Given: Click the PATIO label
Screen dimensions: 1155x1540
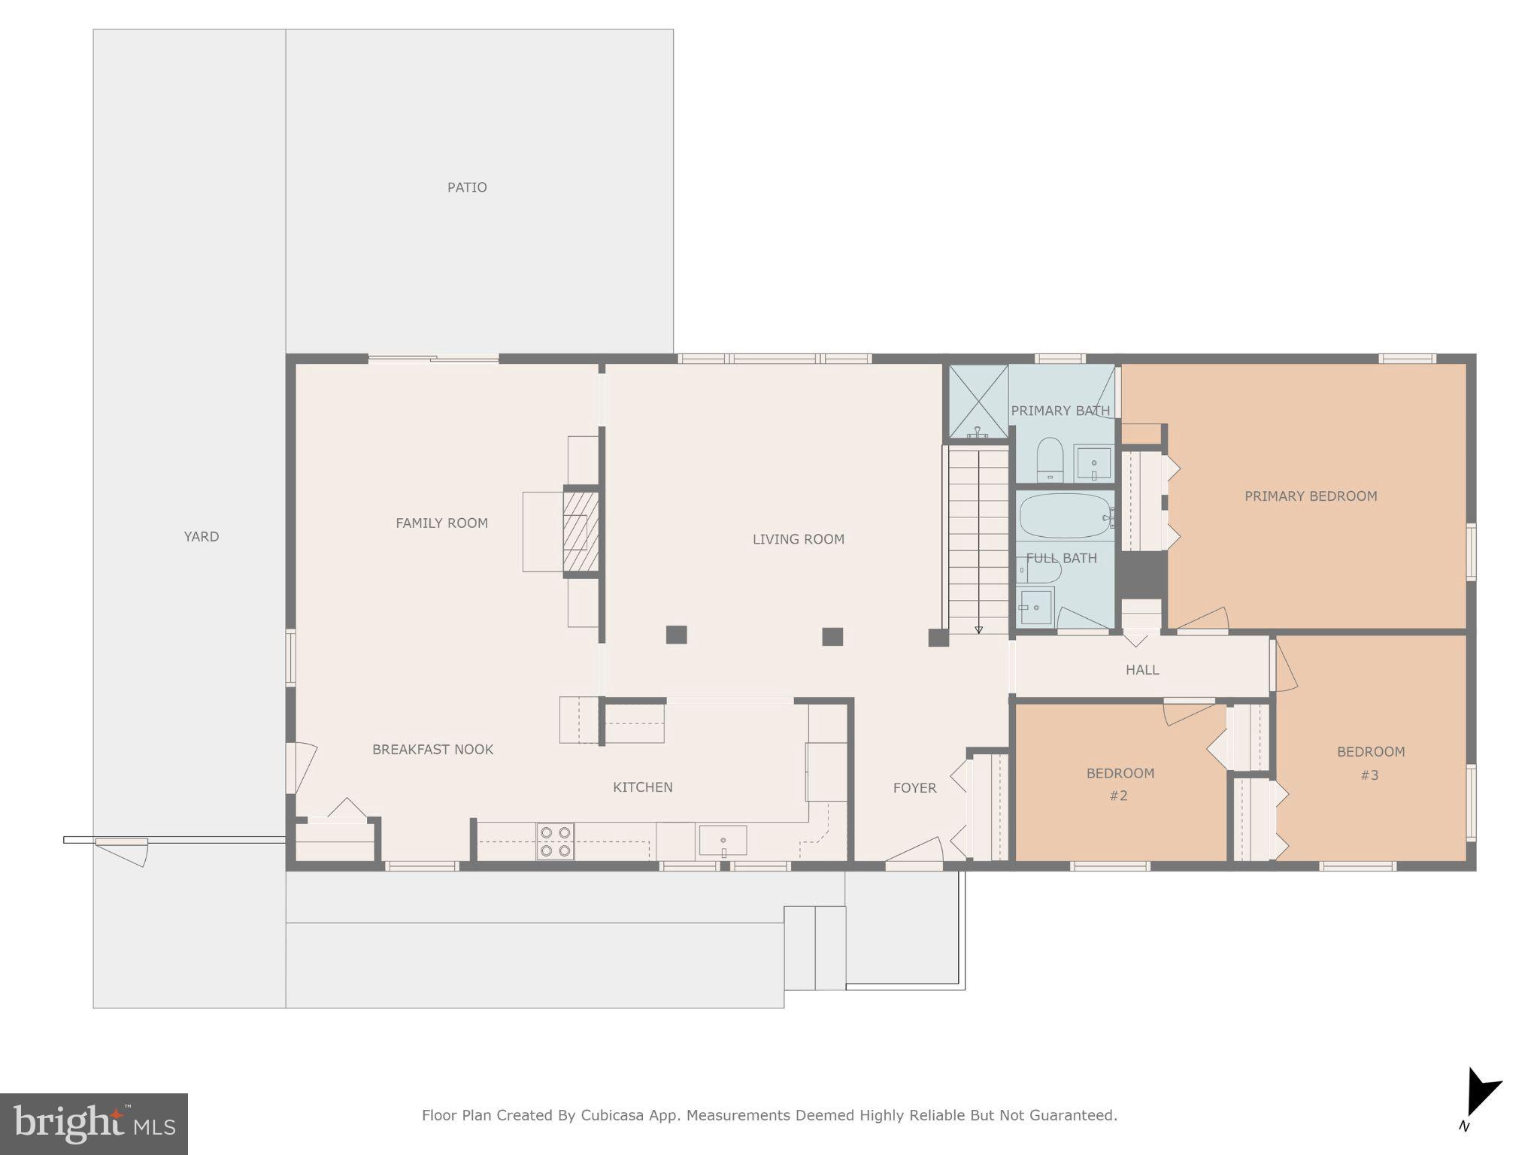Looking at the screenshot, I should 467,187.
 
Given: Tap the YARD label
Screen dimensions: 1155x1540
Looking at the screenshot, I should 202,536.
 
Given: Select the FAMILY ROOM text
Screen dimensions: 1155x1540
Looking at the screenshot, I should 441,523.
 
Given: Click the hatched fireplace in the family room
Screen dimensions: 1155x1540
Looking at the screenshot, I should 581,531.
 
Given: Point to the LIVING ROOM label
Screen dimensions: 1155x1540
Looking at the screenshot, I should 798,539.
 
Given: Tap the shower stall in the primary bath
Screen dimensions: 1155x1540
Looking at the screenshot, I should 978,401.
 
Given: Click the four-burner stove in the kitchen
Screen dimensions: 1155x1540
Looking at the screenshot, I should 555,841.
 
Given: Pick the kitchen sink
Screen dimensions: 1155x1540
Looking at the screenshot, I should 723,841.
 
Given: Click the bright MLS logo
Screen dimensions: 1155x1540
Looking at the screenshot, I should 94,1123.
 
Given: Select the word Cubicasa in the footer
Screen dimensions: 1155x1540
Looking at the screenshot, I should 611,1115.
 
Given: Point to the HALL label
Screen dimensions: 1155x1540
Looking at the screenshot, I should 1141,670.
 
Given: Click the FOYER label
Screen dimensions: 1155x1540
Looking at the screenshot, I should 914,788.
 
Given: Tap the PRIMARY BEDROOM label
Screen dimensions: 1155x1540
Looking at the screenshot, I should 1310,496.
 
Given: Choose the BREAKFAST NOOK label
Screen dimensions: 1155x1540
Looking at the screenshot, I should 432,750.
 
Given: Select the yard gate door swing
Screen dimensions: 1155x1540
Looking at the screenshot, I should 122,850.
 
